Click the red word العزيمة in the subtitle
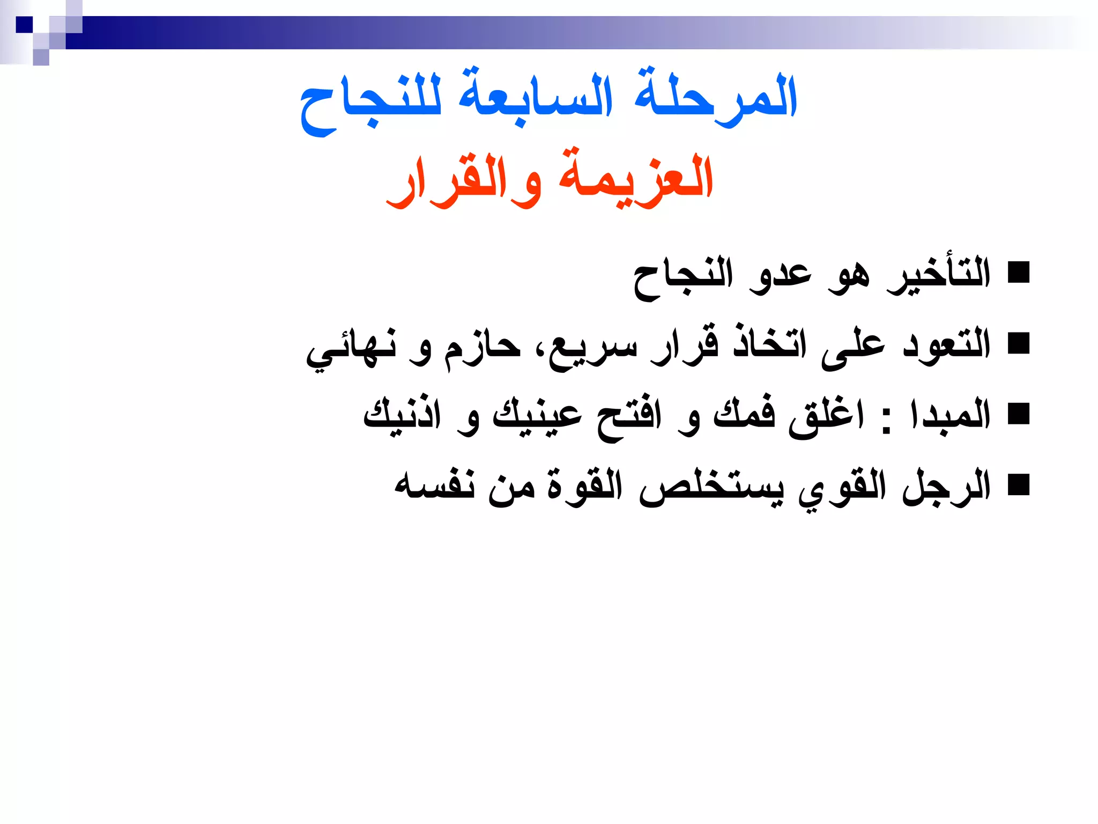(636, 177)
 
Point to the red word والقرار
(464, 180)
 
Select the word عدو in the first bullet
(781, 276)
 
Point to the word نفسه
(434, 485)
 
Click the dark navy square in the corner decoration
(24, 25)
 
